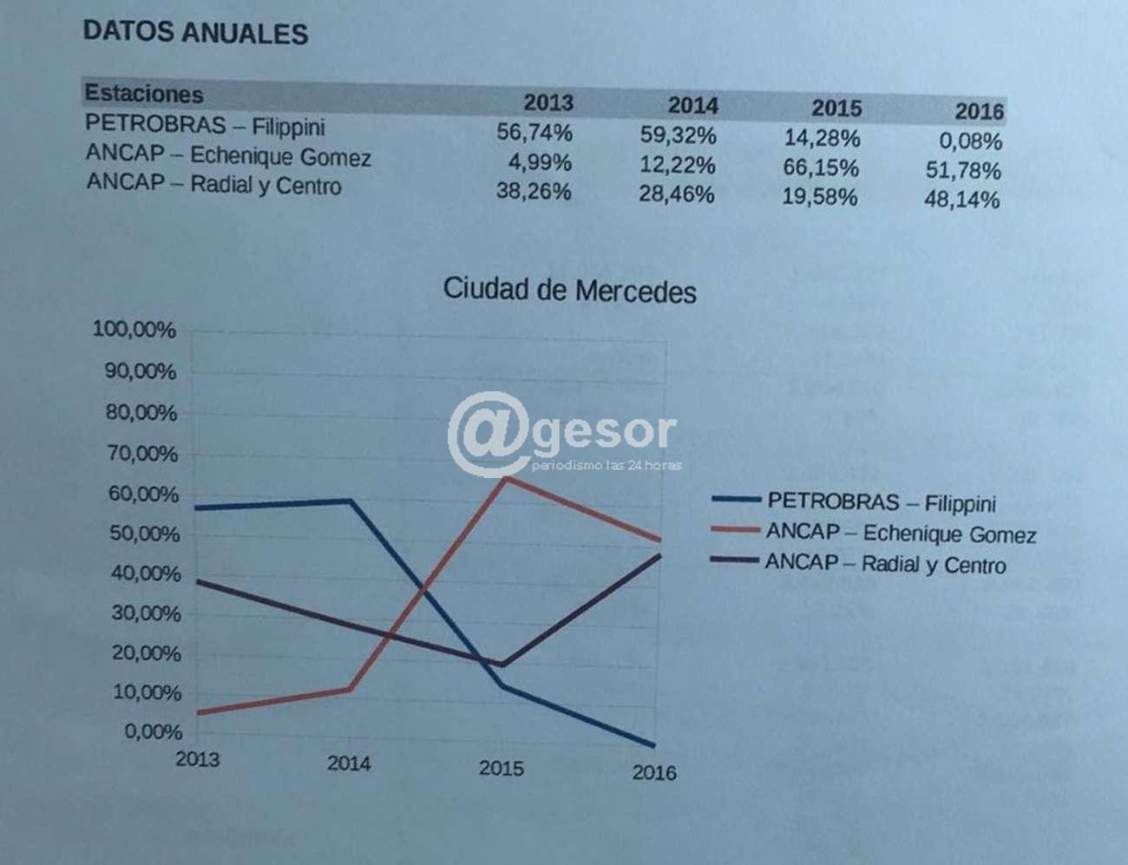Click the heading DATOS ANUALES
(x=195, y=33)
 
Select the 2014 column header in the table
(x=692, y=106)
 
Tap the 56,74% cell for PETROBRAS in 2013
(x=534, y=133)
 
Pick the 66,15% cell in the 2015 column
(x=821, y=167)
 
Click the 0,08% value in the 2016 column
(x=970, y=141)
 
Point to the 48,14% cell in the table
(x=961, y=200)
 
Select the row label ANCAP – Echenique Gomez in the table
(x=228, y=156)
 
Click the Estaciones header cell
(x=144, y=94)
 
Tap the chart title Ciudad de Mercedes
(x=569, y=290)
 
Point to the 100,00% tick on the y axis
(x=134, y=330)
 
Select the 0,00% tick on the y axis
(x=153, y=731)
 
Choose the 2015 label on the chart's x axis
(x=502, y=768)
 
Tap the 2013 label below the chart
(x=198, y=759)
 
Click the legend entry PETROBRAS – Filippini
(x=882, y=502)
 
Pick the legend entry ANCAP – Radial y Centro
(x=885, y=564)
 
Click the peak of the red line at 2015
(x=505, y=477)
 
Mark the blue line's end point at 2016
(x=653, y=745)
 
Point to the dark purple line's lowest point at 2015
(x=502, y=665)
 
